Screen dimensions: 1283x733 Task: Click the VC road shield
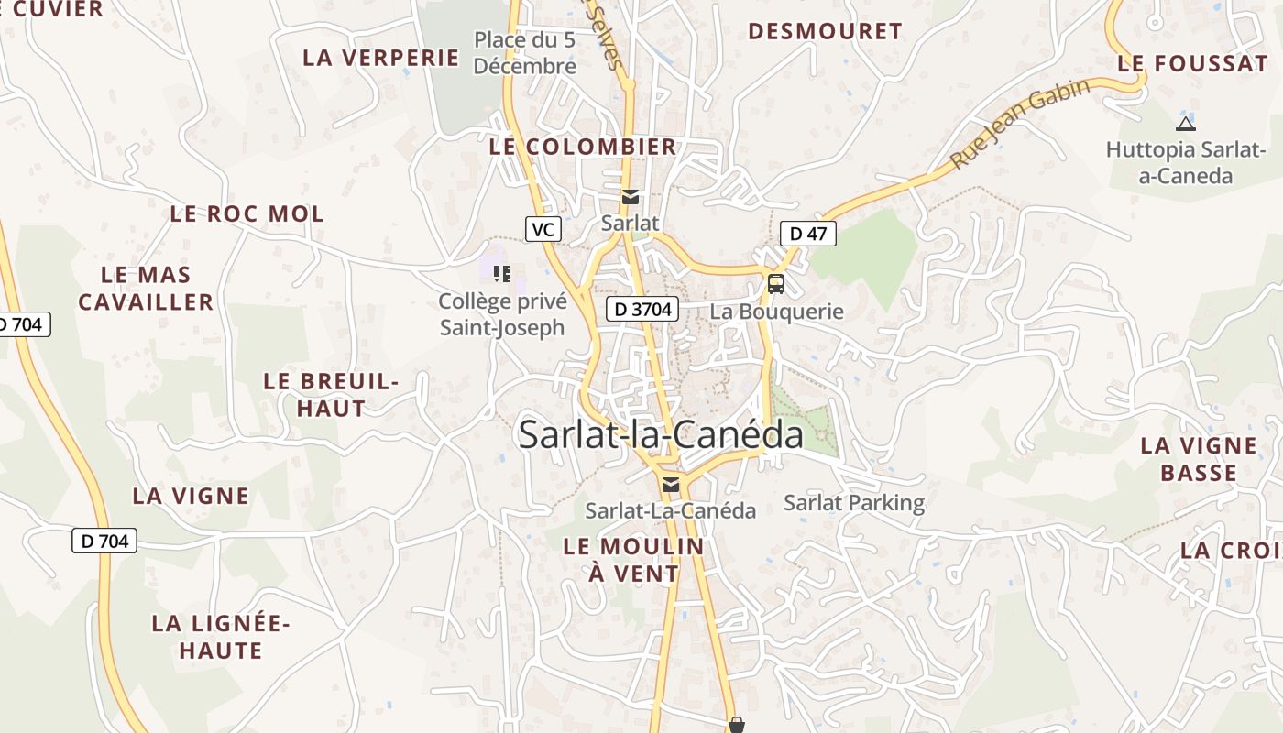click(543, 229)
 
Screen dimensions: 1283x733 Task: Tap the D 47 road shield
click(807, 234)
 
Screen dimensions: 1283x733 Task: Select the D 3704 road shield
click(641, 310)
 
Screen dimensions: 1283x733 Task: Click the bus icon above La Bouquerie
click(775, 283)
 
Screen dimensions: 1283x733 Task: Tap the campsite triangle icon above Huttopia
click(1185, 124)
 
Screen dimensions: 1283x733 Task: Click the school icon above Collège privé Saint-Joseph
click(501, 273)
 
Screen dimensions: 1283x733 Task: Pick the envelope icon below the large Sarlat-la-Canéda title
click(671, 485)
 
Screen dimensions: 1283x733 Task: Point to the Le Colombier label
click(583, 147)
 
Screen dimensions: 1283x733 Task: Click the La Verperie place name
click(380, 58)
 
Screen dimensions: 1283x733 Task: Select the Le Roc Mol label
click(247, 214)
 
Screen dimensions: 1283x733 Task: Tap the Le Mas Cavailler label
click(146, 289)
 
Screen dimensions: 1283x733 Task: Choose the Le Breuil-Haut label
click(331, 395)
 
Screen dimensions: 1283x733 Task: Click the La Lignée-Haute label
click(221, 637)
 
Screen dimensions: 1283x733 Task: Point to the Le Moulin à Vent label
click(633, 560)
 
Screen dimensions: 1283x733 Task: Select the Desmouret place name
click(825, 31)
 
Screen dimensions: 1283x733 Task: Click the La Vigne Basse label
click(1198, 459)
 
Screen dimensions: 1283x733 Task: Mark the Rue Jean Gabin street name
click(1019, 124)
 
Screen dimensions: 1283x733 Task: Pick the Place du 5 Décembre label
click(525, 53)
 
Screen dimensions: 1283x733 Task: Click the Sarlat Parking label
click(854, 503)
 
